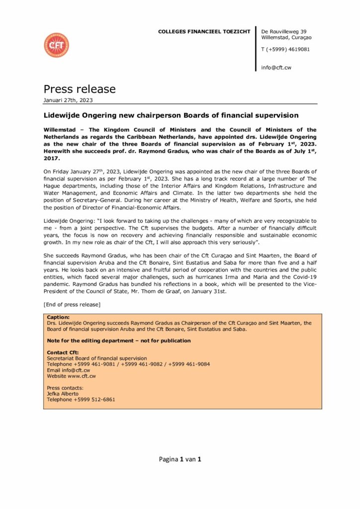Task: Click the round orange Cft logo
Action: click(x=56, y=45)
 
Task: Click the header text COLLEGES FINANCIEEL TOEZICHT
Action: click(x=204, y=32)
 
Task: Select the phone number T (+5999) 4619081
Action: click(x=285, y=49)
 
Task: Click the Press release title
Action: click(x=80, y=89)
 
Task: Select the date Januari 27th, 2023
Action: click(x=68, y=100)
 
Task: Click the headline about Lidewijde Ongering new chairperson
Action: click(x=171, y=115)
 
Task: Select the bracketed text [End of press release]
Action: click(x=72, y=304)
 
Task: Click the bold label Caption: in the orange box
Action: click(x=58, y=317)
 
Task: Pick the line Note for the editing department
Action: click(x=118, y=340)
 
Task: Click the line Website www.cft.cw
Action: click(x=71, y=376)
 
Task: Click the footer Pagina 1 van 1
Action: click(x=180, y=459)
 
